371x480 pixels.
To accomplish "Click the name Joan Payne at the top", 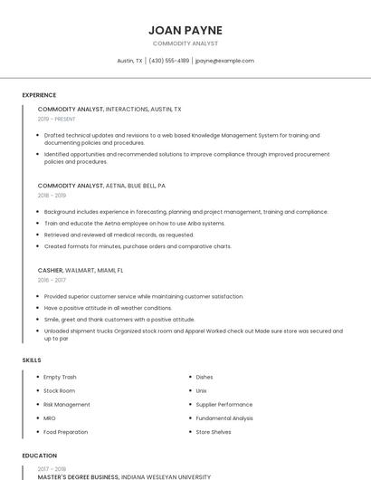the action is coord(185,30).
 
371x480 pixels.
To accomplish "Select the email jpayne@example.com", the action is coord(224,61).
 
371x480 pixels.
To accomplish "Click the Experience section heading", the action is coord(39,95).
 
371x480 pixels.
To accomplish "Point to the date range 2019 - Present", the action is coord(56,119).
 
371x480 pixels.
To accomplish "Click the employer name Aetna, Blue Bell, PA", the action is coord(136,185).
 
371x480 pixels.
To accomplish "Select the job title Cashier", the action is coord(50,270).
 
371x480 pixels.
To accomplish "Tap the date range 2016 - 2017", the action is coord(52,280).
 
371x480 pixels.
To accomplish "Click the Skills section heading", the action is coord(32,360).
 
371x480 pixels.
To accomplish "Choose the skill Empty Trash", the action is coord(60,377).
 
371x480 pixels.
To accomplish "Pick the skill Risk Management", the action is coord(67,404).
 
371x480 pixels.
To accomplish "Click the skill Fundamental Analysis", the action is coord(225,418).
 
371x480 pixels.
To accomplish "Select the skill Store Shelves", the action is coord(214,432).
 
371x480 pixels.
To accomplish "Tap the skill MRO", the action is coord(50,418).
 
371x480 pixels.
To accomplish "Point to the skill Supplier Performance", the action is coord(224,404).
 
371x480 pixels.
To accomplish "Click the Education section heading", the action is coord(39,456).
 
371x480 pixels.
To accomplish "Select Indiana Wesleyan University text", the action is coord(166,476).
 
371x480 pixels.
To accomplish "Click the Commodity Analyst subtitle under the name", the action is coord(185,43).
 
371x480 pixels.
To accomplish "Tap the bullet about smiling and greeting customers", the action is coord(119,319).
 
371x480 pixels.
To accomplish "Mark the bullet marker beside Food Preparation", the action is coord(38,432).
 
